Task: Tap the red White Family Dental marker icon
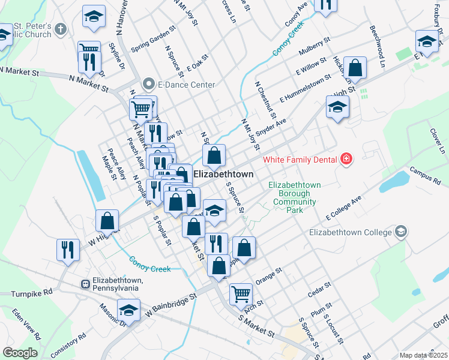point(346,159)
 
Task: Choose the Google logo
point(20,353)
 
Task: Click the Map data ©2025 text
point(423,355)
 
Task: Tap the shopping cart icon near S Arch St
point(241,293)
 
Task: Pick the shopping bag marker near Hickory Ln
point(355,68)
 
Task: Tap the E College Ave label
point(344,207)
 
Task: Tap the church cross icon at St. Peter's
point(60,28)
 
